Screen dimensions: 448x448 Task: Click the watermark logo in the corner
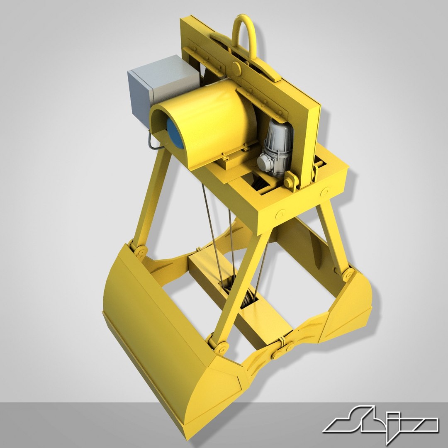pyautogui.click(x=380, y=424)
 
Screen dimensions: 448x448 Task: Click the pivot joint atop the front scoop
pyautogui.click(x=139, y=251)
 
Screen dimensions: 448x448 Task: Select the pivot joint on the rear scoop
pyautogui.click(x=348, y=274)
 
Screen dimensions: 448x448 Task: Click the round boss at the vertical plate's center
pyautogui.click(x=237, y=66)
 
